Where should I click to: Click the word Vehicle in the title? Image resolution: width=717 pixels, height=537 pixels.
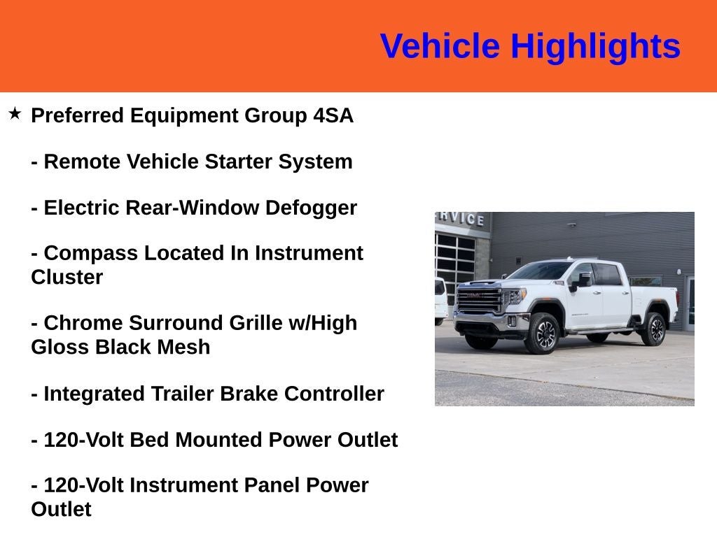coord(440,45)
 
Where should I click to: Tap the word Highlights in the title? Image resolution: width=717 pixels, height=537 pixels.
coord(595,47)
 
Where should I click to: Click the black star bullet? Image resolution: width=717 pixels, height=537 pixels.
coord(15,113)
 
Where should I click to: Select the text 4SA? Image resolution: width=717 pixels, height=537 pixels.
coord(333,115)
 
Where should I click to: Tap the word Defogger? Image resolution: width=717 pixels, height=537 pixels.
coord(311,208)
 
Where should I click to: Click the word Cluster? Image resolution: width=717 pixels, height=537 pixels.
coord(67,277)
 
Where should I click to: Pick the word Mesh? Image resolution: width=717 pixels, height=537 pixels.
coord(184,347)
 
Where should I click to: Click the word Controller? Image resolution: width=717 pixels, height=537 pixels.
coord(334,394)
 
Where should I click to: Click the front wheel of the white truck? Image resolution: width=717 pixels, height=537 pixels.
coord(543,334)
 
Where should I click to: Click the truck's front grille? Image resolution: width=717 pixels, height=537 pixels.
coord(478,300)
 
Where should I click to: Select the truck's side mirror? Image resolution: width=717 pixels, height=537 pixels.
coord(582,280)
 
